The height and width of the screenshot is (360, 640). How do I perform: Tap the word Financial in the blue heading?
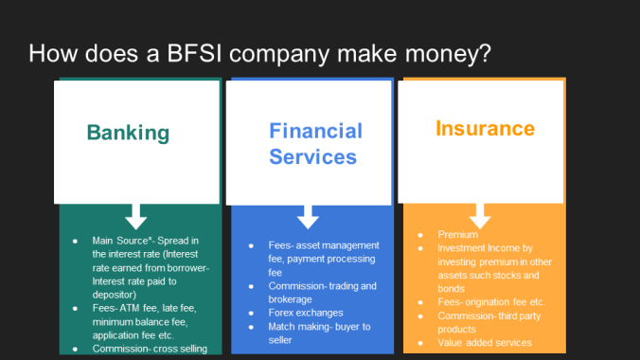click(315, 131)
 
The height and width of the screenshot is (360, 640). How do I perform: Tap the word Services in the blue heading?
click(312, 157)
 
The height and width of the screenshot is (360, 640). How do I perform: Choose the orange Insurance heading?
click(485, 128)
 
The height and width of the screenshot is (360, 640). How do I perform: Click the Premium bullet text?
click(457, 233)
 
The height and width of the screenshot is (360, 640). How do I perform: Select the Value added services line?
click(484, 342)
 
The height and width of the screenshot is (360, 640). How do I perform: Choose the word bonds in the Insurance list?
click(450, 288)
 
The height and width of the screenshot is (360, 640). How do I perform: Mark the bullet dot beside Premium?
click(420, 233)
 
